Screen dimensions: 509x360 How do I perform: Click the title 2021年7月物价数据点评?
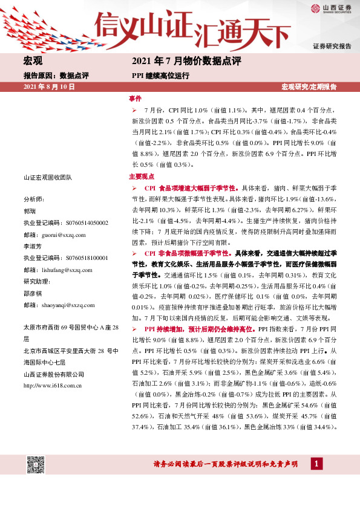(186, 62)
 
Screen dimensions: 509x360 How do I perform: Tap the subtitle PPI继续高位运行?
(160, 76)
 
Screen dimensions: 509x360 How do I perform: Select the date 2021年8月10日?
(48, 87)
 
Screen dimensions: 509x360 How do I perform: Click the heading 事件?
(135, 97)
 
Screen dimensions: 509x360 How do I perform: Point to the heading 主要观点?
(142, 177)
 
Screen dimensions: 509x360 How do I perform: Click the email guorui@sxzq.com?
(64, 235)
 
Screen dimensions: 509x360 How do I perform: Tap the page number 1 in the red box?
(315, 464)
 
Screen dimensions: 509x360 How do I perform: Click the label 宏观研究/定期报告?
(309, 87)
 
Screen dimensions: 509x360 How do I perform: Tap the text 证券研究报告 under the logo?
(332, 47)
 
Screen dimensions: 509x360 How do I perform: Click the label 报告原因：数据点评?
(56, 76)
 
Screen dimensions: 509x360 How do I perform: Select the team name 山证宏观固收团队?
(48, 177)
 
